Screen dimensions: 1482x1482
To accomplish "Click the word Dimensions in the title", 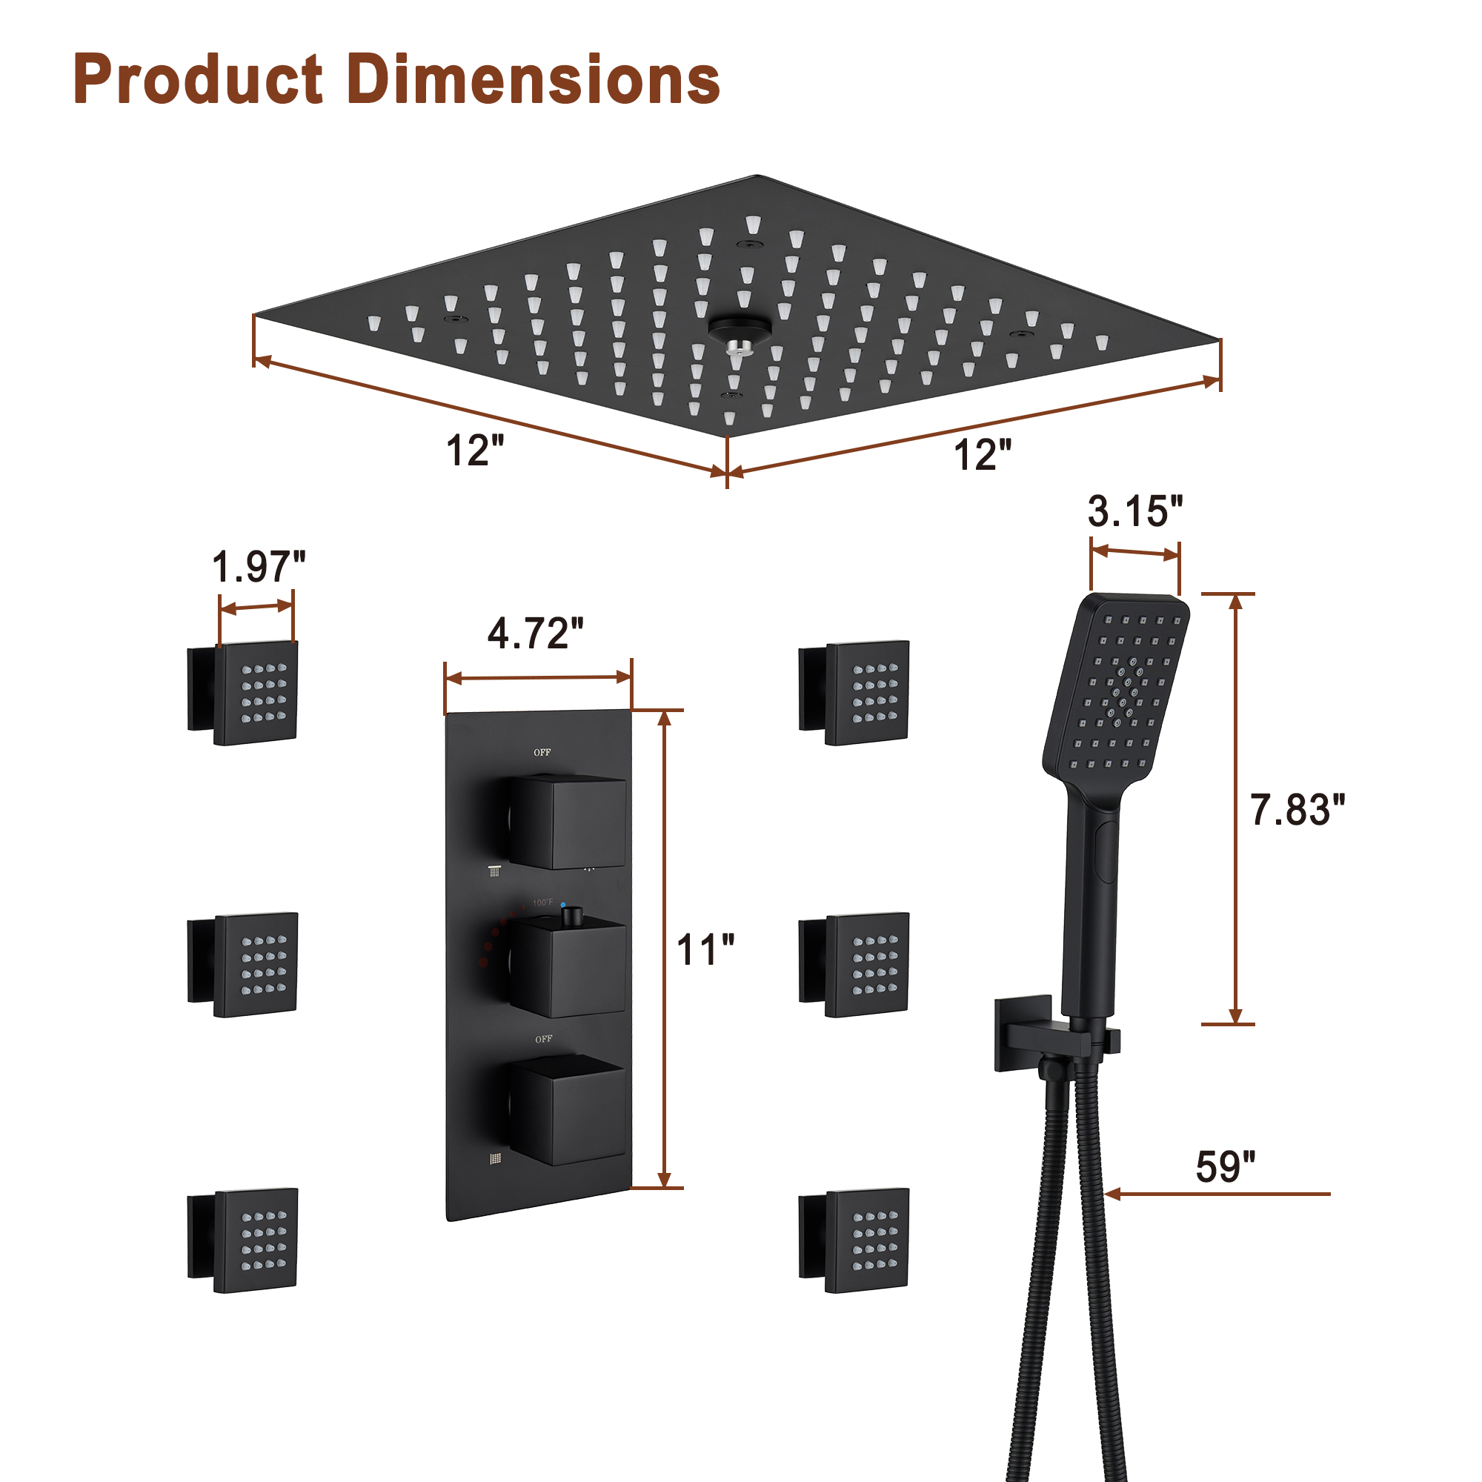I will point(533,80).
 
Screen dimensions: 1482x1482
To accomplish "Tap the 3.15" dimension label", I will point(1134,511).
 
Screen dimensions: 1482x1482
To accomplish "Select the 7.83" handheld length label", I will point(1297,810).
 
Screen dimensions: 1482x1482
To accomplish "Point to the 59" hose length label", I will point(1225,1167).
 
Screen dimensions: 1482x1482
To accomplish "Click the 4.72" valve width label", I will point(536,634).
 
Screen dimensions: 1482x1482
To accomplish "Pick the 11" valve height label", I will point(705,951).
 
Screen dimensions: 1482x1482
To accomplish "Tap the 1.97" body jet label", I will point(259,567).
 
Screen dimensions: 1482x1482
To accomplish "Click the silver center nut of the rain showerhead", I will point(740,348).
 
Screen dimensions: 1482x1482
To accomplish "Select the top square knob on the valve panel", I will point(568,822).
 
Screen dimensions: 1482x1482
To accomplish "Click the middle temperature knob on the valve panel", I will point(568,968).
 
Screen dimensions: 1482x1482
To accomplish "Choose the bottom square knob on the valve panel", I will point(568,1112).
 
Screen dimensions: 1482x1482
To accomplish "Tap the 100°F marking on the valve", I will point(543,903).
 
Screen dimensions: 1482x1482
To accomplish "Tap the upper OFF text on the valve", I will point(542,753).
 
